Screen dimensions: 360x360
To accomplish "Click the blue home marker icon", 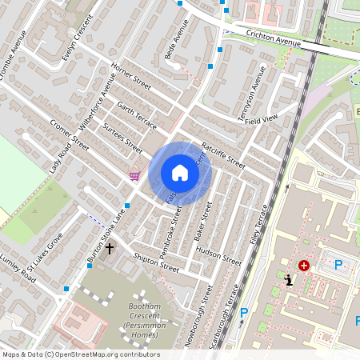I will pyautogui.click(x=180, y=173).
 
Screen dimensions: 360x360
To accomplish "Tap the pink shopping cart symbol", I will pyautogui.click(x=135, y=176).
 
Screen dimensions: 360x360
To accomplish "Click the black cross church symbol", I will pyautogui.click(x=109, y=249).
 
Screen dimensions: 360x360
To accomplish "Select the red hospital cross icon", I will pyautogui.click(x=304, y=266).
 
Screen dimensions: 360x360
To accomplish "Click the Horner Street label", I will pyautogui.click(x=131, y=75).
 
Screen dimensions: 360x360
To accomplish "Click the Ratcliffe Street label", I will pyautogui.click(x=223, y=155).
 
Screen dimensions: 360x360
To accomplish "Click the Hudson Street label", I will pyautogui.click(x=218, y=256).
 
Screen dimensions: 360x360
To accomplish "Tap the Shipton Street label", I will pyautogui.click(x=157, y=262).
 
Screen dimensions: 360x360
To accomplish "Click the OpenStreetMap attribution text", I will pyautogui.click(x=81, y=354).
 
